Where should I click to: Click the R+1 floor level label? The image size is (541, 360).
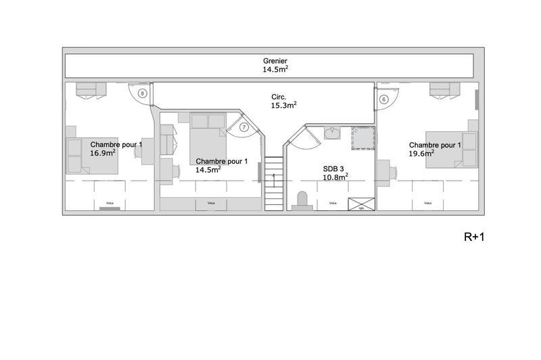tap(475, 237)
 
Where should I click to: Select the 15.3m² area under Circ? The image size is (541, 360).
tap(284, 106)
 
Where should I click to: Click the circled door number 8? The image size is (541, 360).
tap(142, 93)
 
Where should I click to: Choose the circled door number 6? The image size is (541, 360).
tap(384, 99)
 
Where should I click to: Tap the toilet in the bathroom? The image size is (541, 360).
tap(302, 200)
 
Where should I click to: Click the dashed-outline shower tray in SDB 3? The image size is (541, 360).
tap(362, 137)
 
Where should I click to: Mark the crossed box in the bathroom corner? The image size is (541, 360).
tap(360, 204)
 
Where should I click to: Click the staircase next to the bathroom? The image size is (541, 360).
tap(273, 183)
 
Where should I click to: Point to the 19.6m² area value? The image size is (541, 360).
tap(421, 154)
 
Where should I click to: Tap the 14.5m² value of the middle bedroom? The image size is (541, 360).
tap(208, 170)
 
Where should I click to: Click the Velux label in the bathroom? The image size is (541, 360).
tap(332, 203)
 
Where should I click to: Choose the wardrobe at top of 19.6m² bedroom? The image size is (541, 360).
tap(444, 89)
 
